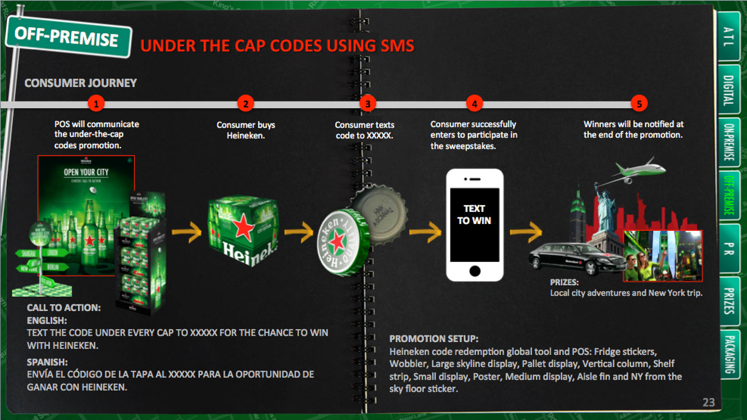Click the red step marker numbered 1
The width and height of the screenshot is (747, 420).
pyautogui.click(x=96, y=104)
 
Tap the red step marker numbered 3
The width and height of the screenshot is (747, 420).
pyautogui.click(x=368, y=104)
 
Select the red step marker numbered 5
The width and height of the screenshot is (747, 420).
pyautogui.click(x=639, y=104)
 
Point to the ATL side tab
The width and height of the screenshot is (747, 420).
pyautogui.click(x=728, y=37)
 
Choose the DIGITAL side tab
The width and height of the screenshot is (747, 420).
pyautogui.click(x=728, y=90)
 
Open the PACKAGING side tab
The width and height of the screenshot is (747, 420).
pyautogui.click(x=729, y=354)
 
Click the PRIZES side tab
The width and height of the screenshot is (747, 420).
pyautogui.click(x=729, y=301)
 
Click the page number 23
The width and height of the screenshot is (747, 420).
pyautogui.click(x=708, y=402)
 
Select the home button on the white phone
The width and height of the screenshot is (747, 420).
pyautogui.click(x=475, y=271)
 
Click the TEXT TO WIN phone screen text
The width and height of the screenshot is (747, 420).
pyautogui.click(x=474, y=215)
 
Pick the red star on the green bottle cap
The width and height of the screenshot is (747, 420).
pyautogui.click(x=337, y=243)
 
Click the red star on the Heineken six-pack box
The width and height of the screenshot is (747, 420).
pyautogui.click(x=244, y=227)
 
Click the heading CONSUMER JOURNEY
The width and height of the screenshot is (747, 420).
pyautogui.click(x=81, y=83)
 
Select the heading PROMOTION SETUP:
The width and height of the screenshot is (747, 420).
pyautogui.click(x=434, y=339)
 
